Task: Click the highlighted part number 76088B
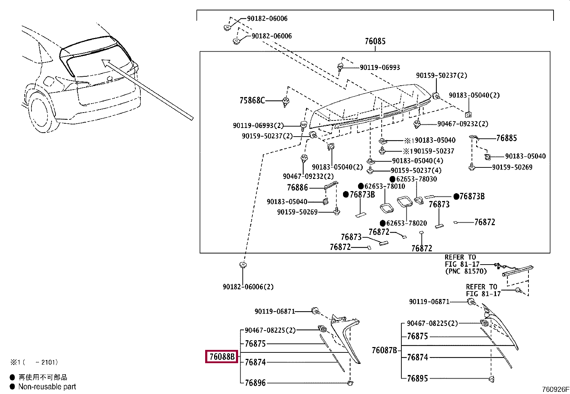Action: point(222,357)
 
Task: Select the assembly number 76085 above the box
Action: point(375,41)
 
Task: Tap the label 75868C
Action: point(252,100)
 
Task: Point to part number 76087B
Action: point(384,350)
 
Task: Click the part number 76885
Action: point(506,138)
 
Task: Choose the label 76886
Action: point(298,187)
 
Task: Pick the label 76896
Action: point(255,383)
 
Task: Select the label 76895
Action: point(417,379)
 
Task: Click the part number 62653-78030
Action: point(416,179)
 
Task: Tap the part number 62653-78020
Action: point(406,223)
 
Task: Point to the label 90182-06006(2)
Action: point(248,287)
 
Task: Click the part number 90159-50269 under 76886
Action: point(297,212)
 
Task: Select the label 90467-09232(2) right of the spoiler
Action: point(463,124)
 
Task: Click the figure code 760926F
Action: point(555,389)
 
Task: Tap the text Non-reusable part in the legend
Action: point(47,386)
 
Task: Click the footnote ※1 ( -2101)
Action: point(34,362)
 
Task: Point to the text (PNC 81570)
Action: point(466,271)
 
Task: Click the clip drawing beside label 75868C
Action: point(286,102)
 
